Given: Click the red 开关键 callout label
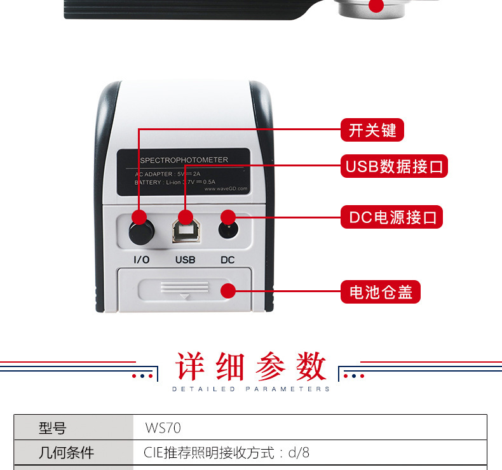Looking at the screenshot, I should (372, 130).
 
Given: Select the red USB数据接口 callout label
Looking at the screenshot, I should (394, 166).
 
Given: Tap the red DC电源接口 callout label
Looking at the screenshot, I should (392, 217).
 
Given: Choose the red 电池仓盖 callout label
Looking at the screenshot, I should (381, 292).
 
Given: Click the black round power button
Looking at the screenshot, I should (140, 232).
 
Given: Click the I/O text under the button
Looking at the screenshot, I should (142, 260).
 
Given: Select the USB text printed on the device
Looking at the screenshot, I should (185, 260).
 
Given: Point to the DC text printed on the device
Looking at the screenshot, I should (227, 260).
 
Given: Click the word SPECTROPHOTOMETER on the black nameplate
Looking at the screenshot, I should (184, 160).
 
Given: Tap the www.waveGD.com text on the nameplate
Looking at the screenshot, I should (226, 189).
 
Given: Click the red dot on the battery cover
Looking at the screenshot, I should (227, 292).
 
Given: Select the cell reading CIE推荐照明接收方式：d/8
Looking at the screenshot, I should (227, 453).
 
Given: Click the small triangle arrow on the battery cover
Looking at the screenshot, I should (185, 297).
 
